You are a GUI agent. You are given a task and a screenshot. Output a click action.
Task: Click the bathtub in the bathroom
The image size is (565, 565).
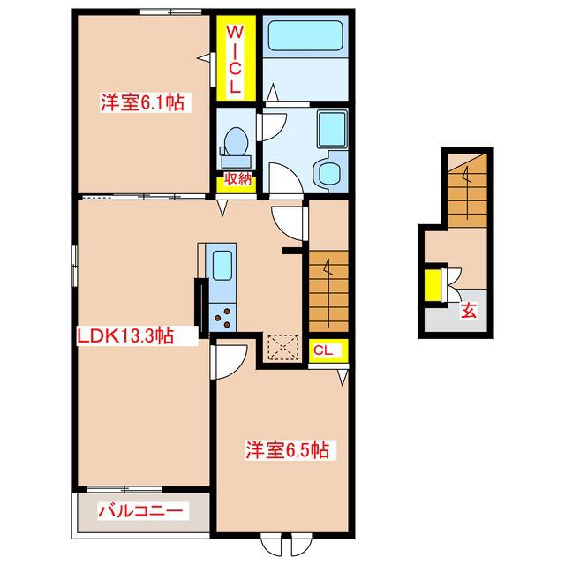pyautogui.click(x=305, y=35)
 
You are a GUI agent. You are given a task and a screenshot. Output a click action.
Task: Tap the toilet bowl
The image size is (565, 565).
pyautogui.click(x=236, y=141)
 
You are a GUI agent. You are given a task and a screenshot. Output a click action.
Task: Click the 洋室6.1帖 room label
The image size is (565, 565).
pyautogui.click(x=142, y=102)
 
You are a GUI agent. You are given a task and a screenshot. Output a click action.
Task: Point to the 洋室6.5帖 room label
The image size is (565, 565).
pyautogui.click(x=288, y=449)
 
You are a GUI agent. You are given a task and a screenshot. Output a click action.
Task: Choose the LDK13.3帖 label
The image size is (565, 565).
pyautogui.click(x=125, y=335)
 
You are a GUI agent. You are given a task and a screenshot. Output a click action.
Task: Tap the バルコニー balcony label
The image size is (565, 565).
pyautogui.click(x=140, y=510)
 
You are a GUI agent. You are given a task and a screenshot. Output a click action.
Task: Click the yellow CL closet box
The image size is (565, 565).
pyautogui.click(x=328, y=350)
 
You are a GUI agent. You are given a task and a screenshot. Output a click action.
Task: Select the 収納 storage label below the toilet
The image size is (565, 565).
pyautogui.click(x=237, y=178)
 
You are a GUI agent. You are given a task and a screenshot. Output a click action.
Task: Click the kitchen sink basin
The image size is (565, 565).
pyautogui.click(x=222, y=265)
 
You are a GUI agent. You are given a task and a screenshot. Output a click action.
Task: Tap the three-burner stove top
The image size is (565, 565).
pyautogui.click(x=222, y=318)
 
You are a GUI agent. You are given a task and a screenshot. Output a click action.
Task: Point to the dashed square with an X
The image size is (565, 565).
pyautogui.click(x=283, y=347)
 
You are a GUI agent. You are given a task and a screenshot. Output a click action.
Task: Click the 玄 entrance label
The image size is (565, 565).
pyautogui.click(x=469, y=311)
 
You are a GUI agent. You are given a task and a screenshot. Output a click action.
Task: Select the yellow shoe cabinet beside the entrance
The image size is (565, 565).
pyautogui.click(x=433, y=285)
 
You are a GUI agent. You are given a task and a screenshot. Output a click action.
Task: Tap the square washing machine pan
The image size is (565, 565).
pyautogui.click(x=332, y=129)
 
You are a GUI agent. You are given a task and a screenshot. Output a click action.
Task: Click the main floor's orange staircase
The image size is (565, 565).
pyautogui.click(x=328, y=291)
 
